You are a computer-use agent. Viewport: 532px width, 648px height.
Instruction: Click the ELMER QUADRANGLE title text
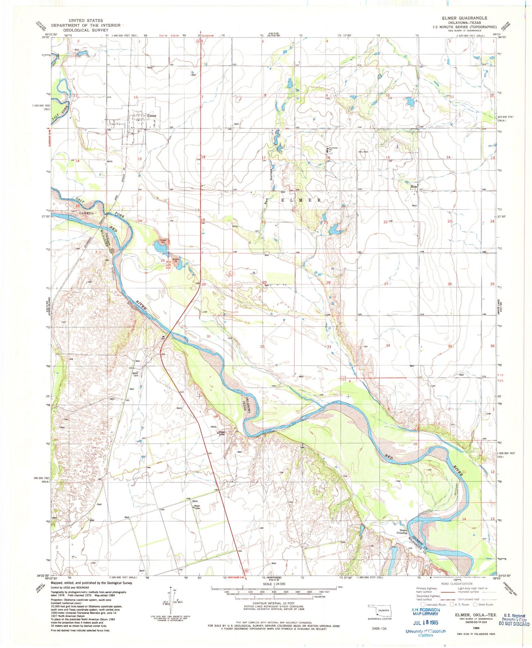(x=465, y=18)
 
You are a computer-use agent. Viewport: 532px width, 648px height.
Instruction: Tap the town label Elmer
(x=151, y=116)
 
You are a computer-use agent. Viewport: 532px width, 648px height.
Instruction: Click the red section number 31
(x=209, y=337)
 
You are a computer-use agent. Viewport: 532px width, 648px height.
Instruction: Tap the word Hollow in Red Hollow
(x=271, y=176)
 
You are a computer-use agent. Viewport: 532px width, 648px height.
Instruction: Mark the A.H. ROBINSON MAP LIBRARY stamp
(x=425, y=612)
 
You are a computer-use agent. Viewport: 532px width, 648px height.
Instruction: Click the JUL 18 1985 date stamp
(x=425, y=623)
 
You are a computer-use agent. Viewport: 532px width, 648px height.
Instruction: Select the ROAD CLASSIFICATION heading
(x=457, y=584)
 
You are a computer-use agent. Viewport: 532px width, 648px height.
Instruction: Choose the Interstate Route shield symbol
(x=422, y=605)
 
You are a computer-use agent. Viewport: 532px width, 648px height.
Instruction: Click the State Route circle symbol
(x=475, y=605)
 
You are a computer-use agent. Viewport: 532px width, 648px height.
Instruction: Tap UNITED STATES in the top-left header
(x=85, y=21)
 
